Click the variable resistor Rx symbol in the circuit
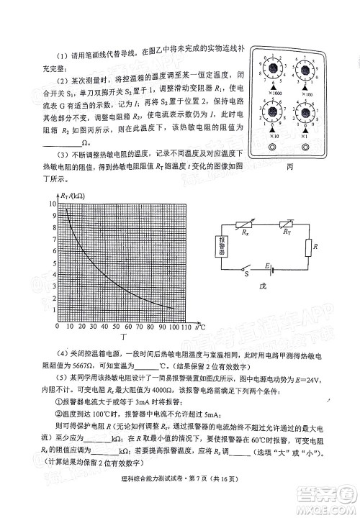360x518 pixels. click(248, 224)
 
